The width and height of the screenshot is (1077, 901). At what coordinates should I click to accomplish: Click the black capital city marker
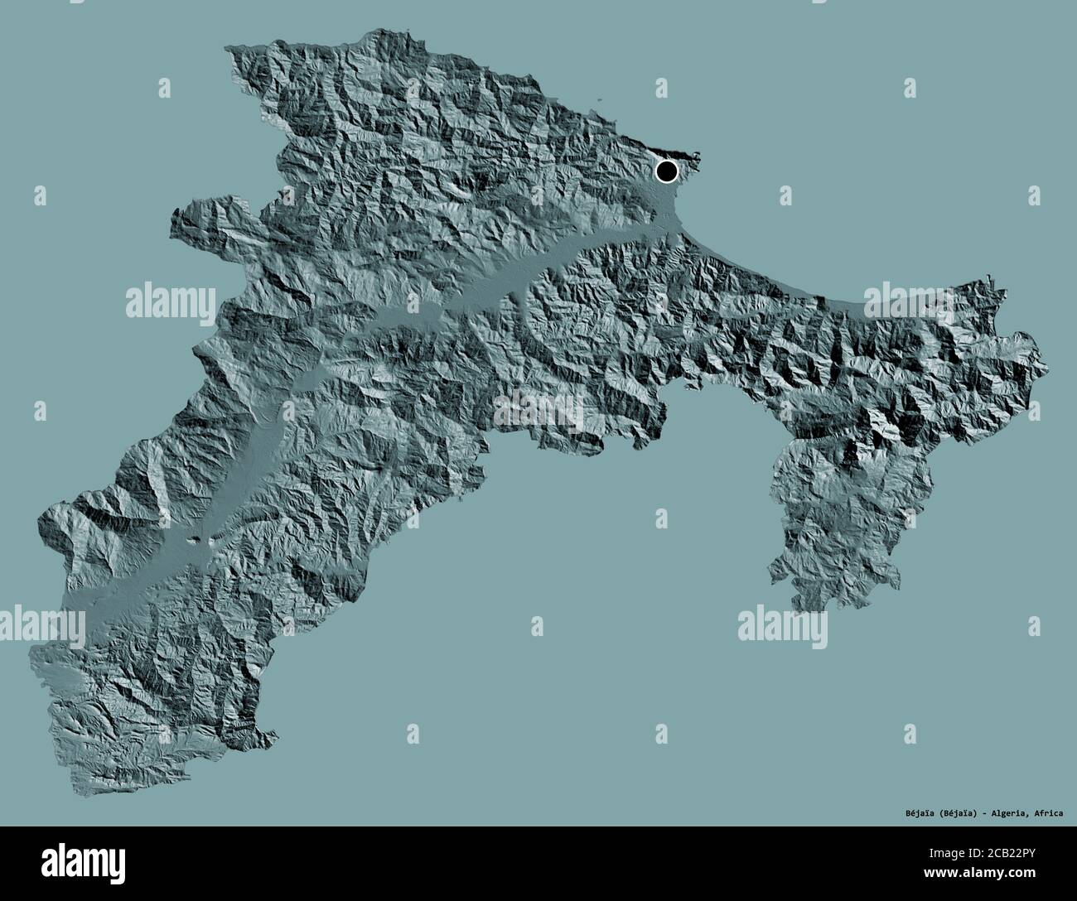[666, 171]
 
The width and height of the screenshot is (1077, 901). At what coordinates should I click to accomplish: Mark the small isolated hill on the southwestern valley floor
[196, 542]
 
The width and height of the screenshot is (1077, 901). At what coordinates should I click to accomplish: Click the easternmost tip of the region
[1046, 368]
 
